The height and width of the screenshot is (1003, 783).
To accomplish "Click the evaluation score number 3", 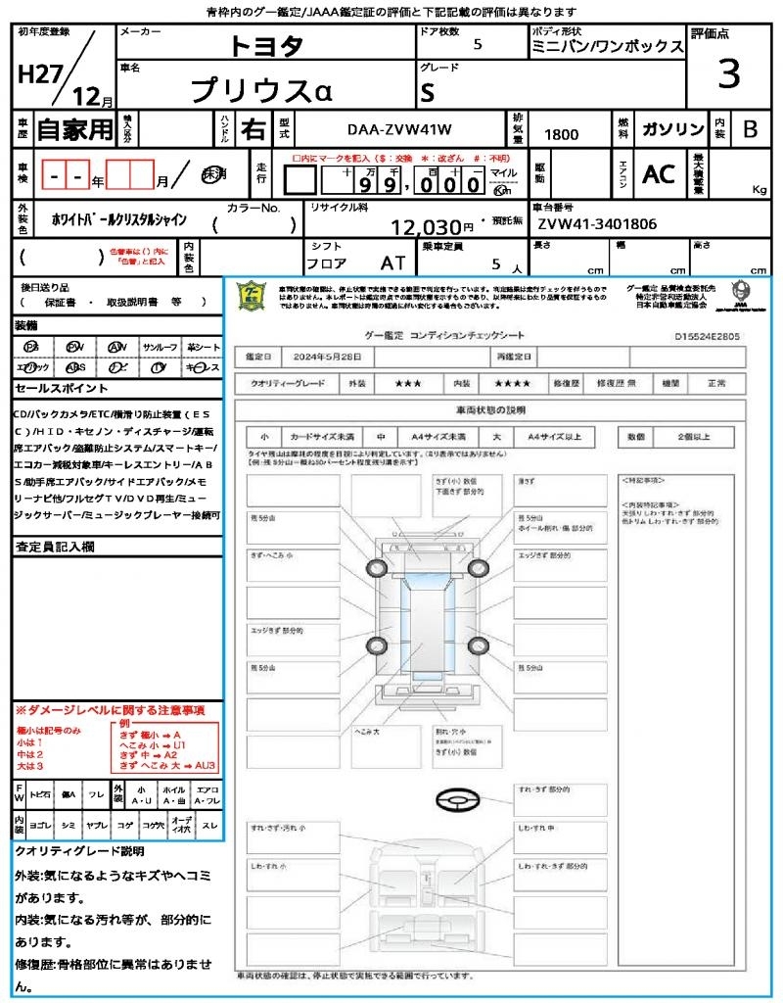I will coord(728,73).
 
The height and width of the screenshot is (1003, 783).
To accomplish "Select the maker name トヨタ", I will coord(266,45).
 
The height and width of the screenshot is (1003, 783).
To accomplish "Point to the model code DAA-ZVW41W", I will coord(399,129).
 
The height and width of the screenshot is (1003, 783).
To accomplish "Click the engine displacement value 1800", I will coord(561,134).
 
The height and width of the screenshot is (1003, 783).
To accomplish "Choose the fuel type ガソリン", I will coord(672,129).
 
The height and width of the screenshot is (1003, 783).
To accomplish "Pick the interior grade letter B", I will coord(750,129).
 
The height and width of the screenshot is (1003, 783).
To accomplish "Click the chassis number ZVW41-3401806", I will coord(597,223).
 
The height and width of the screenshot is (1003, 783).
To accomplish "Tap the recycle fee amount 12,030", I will coord(426,226).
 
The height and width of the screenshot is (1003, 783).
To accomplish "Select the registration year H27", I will coord(36,74).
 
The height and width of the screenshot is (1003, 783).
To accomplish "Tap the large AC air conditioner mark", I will coord(659,173).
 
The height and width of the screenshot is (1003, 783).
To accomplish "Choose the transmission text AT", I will coord(391,263).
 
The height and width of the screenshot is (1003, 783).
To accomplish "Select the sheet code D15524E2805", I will coord(707,336).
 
